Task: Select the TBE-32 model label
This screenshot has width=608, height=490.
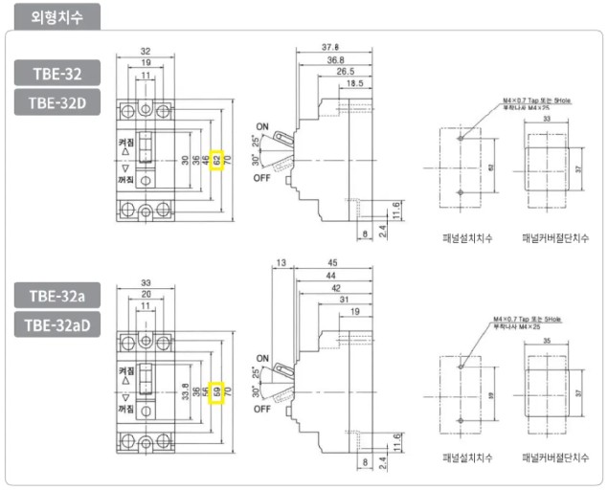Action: click(x=57, y=73)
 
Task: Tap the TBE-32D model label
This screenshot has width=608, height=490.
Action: click(x=57, y=101)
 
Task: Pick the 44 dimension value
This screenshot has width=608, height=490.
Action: click(x=333, y=276)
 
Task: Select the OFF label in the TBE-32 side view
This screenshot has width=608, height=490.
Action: click(x=262, y=178)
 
